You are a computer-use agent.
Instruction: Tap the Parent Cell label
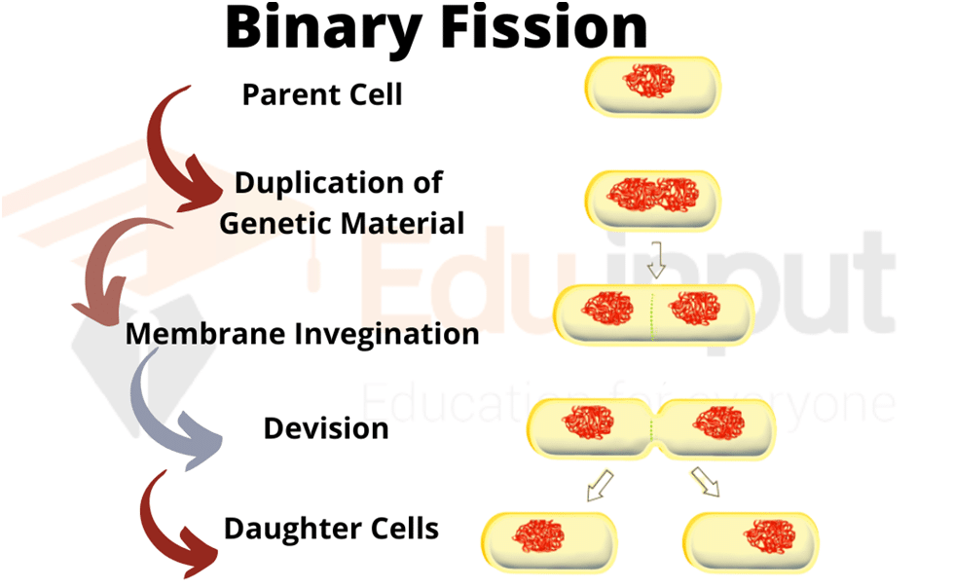[322, 94]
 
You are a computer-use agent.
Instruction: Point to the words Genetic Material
[342, 223]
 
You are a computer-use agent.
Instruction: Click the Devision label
[326, 428]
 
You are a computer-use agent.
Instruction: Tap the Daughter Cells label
[331, 529]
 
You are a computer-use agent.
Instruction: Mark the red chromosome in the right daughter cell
[771, 534]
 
